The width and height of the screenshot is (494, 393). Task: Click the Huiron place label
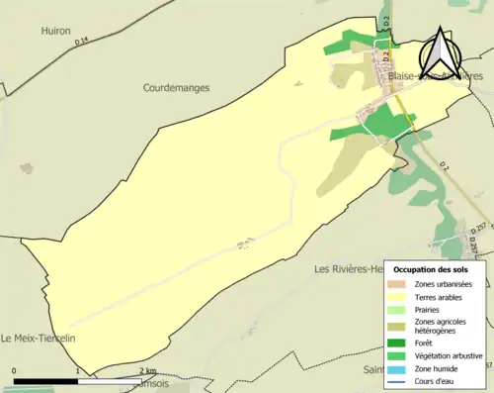point(56,31)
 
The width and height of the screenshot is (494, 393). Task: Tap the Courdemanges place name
point(176,88)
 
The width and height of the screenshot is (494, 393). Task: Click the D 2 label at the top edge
point(387,19)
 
